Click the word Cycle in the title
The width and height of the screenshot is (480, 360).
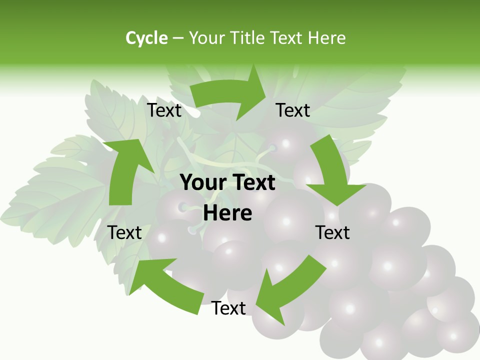[146, 38]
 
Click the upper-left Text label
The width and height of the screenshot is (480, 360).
[164, 110]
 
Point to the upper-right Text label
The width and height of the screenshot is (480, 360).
[293, 110]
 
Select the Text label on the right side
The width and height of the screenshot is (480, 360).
[332, 232]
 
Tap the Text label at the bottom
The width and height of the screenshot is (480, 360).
[228, 308]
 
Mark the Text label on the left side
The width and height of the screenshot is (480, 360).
[124, 232]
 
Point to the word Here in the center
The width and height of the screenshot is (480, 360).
[227, 213]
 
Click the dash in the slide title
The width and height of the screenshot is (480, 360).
[178, 38]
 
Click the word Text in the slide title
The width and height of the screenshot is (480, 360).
[287, 38]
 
